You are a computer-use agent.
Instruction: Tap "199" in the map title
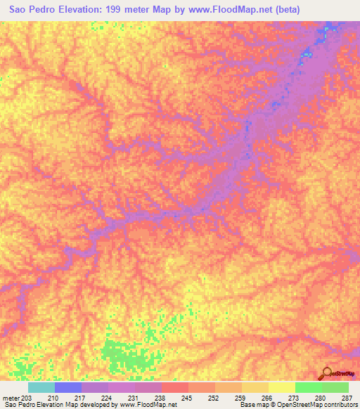[124, 10]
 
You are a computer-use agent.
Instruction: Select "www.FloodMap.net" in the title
[235, 10]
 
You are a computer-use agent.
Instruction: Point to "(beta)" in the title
[298, 10]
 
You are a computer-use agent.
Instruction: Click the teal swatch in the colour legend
[41, 387]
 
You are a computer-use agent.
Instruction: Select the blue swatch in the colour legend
[67, 387]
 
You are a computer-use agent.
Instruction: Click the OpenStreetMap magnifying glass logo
[328, 374]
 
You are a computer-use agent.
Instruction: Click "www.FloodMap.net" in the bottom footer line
[149, 405]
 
